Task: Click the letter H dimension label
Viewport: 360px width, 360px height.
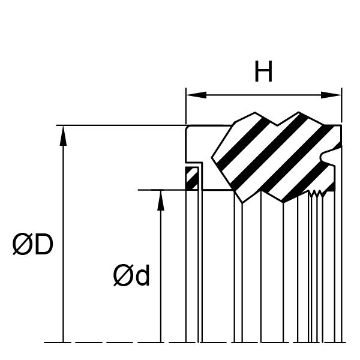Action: coord(263,71)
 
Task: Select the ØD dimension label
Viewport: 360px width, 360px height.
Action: coord(33,245)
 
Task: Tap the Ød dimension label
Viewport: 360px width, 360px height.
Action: coord(131,275)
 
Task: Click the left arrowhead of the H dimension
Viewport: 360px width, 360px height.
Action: coord(196,95)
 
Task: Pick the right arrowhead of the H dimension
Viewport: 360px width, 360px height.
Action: coord(331,95)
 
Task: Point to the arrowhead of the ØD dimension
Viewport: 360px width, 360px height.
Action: coord(63,136)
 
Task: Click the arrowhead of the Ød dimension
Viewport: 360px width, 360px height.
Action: coord(161,200)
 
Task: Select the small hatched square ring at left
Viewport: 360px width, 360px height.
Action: coord(191,178)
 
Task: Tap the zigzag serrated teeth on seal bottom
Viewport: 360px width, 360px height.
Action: coord(316,194)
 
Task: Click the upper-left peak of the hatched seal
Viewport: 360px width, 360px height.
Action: coord(255,113)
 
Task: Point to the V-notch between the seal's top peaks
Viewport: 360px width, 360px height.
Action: coord(277,125)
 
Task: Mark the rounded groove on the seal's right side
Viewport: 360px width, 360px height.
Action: coord(323,157)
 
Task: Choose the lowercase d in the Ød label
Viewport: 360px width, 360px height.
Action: coord(142,275)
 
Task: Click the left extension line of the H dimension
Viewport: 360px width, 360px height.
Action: coord(186,106)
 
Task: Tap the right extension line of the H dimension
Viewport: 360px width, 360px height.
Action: coord(341,106)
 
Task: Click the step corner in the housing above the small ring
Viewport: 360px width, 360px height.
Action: coord(202,163)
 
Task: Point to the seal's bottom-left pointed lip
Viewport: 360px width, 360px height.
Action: coord(242,203)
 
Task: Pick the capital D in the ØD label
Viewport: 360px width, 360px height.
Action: coord(44,245)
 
